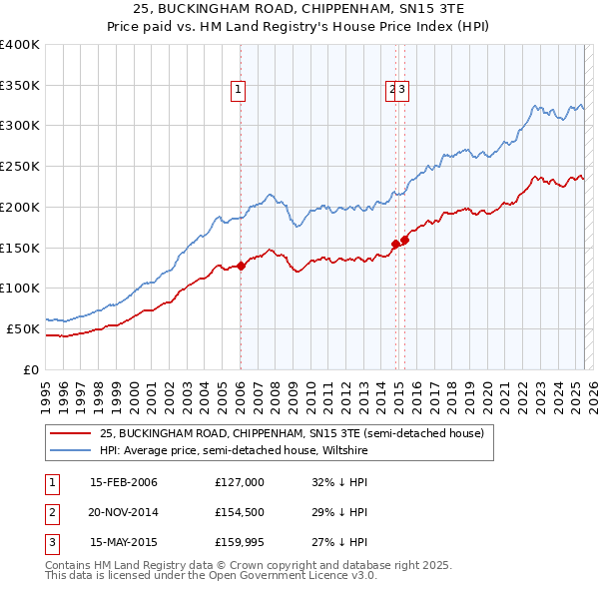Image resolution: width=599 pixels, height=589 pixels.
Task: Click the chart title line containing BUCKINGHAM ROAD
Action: [x=299, y=8]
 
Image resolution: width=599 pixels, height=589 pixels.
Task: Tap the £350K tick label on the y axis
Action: [x=20, y=86]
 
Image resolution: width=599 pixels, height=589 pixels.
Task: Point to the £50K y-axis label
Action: [x=23, y=328]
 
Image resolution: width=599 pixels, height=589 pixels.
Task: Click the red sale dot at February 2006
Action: [x=241, y=266]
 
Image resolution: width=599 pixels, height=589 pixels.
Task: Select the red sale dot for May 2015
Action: [x=404, y=240]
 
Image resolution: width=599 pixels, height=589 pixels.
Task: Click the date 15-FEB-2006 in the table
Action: [x=123, y=482]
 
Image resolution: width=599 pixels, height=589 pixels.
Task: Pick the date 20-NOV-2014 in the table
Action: [x=123, y=512]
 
